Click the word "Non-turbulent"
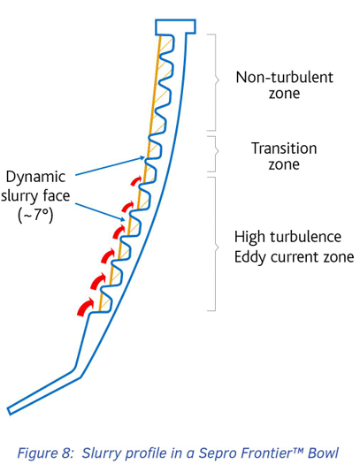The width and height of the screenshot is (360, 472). (285, 78)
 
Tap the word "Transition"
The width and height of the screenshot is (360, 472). (284, 148)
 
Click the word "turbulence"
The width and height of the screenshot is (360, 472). (305, 237)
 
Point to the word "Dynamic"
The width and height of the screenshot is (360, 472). (35, 177)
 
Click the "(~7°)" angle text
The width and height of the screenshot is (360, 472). (35, 215)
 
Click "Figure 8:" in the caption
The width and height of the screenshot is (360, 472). (45, 453)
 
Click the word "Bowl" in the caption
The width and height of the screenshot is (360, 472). (323, 453)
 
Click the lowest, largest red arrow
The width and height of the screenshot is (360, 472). (86, 307)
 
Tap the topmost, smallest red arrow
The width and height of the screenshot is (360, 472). (135, 180)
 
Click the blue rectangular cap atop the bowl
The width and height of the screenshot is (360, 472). (176, 27)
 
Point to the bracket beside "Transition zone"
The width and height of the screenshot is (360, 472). (217, 154)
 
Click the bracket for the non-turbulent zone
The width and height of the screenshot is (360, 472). (217, 82)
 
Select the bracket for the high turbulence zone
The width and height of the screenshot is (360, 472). (217, 244)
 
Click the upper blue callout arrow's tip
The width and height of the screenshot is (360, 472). (145, 156)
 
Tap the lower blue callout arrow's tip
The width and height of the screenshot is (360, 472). (125, 221)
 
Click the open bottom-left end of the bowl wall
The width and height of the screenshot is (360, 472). (9, 411)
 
